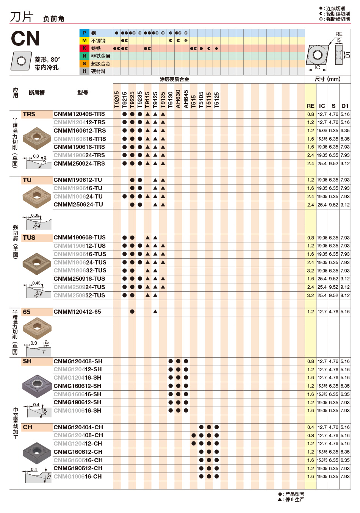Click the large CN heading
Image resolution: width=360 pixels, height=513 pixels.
[x=25, y=39]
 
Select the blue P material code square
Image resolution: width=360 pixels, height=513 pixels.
[x=84, y=33]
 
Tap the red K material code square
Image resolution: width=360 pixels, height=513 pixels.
[x=84, y=48]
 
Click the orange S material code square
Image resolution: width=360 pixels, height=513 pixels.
[x=84, y=64]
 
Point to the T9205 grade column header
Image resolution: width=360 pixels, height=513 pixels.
[x=117, y=100]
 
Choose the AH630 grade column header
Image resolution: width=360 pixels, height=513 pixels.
[x=178, y=99]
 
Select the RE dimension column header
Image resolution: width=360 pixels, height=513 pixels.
[x=310, y=106]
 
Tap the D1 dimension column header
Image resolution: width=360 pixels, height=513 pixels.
[x=345, y=106]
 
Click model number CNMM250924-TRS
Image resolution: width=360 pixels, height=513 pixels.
[x=79, y=164]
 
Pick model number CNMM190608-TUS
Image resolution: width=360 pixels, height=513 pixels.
[x=80, y=238]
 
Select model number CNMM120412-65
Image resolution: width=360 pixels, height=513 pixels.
[x=77, y=312]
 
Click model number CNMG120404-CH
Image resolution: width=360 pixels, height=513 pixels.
[x=78, y=427]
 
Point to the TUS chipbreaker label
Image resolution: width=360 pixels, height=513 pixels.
[x=29, y=238]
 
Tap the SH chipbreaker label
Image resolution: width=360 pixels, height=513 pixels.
[x=27, y=361]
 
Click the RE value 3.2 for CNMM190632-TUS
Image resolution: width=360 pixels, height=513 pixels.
[x=310, y=271]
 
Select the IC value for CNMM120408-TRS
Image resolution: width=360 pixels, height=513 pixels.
[x=322, y=114]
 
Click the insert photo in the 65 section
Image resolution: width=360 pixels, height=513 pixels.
[x=37, y=328]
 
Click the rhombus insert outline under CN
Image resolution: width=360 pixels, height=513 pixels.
[x=21, y=61]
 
